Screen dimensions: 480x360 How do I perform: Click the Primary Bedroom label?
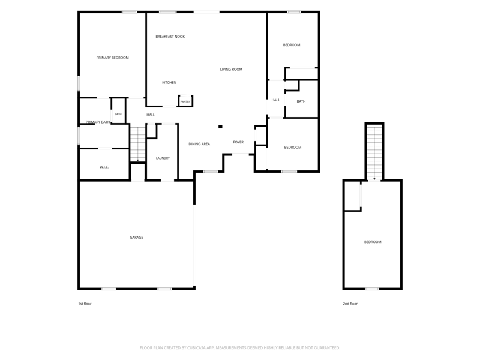[x=112, y=58]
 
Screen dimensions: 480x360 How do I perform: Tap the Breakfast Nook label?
[x=170, y=37]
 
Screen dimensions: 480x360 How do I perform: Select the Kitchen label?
[x=169, y=82]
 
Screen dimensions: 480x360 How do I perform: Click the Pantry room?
[x=185, y=101]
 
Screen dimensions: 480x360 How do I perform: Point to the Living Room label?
[x=231, y=69]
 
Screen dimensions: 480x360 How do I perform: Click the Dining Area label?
[x=199, y=144]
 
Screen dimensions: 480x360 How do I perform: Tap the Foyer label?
[x=238, y=142]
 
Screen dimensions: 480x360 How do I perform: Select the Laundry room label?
[x=163, y=158]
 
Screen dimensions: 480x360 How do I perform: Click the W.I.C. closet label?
[x=104, y=167]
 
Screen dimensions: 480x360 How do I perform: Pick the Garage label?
[x=136, y=237]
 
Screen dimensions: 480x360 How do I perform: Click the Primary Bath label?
[x=98, y=122]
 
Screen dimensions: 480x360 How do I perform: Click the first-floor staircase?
[x=138, y=143]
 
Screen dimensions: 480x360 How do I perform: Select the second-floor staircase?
[x=374, y=153]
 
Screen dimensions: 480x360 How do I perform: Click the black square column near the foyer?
[x=220, y=127]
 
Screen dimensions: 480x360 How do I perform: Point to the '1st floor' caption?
[x=85, y=304]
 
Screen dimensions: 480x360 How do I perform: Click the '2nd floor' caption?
[x=350, y=304]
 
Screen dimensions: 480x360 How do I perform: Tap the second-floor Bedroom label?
[x=373, y=242]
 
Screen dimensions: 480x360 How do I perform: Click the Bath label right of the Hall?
[x=301, y=101]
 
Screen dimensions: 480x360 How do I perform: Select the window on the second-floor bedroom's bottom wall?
[x=372, y=289]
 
